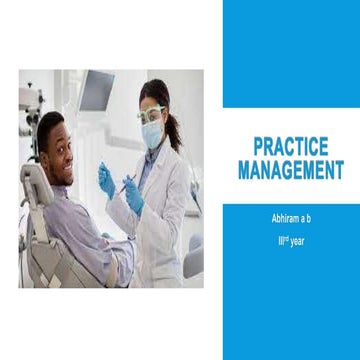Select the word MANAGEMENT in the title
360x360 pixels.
[x=290, y=170]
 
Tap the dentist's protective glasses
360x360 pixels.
[x=151, y=116]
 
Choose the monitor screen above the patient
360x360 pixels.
[x=96, y=92]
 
